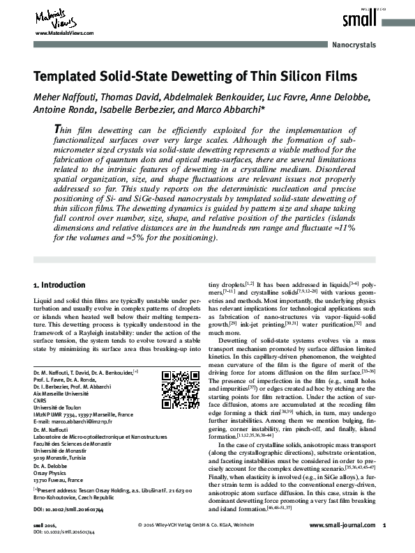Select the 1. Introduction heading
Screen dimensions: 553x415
[x=59, y=286]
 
